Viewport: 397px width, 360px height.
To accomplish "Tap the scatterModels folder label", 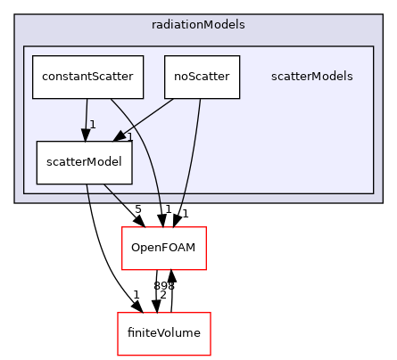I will click(311, 77).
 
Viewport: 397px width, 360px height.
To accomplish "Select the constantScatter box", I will click(87, 77).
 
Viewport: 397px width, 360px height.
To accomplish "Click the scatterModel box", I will click(84, 163).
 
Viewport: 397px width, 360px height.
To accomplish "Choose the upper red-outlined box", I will click(164, 248).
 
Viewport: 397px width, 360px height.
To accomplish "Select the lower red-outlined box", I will click(164, 333).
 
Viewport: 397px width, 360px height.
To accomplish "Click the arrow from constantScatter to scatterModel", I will click(86, 116).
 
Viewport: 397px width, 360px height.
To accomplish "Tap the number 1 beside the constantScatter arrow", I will click(92, 125).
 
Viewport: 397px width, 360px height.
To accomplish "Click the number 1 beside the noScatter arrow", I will click(129, 137).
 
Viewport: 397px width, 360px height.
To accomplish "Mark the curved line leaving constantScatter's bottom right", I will click(147, 143).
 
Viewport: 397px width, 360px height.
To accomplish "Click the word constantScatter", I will click(87, 77).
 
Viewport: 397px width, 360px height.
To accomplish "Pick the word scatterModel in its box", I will click(84, 163).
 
